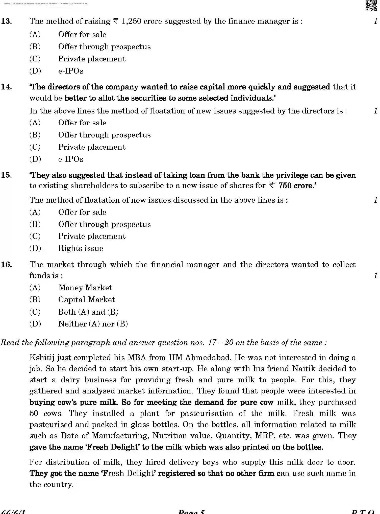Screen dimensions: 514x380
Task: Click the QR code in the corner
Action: click(x=371, y=6)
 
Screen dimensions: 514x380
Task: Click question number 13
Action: click(x=7, y=21)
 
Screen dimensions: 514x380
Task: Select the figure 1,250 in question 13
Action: click(x=131, y=21)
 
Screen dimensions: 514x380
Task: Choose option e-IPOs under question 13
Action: click(x=71, y=71)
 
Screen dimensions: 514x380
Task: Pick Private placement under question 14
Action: click(x=92, y=147)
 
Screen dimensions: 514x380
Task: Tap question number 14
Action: click(x=7, y=87)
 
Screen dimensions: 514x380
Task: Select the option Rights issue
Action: click(x=81, y=248)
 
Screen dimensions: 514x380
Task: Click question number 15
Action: click(x=7, y=175)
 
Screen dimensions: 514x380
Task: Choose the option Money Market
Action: click(x=85, y=288)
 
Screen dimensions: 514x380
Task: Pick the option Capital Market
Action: click(x=86, y=300)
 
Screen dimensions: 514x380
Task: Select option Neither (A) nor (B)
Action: click(x=93, y=324)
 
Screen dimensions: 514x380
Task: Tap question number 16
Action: click(x=7, y=265)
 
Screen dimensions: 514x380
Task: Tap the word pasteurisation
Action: click(x=206, y=413)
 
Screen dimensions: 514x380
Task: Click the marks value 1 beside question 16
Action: click(x=375, y=276)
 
